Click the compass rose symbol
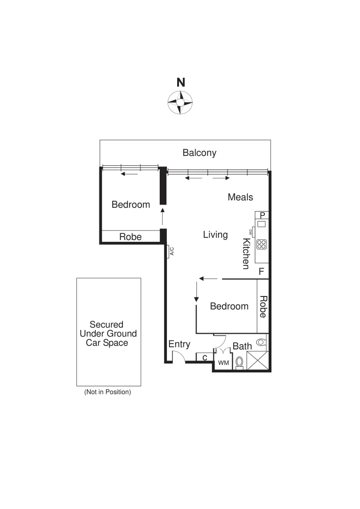(x=180, y=101)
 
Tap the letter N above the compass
(x=180, y=82)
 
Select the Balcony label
(x=199, y=153)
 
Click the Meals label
(x=240, y=197)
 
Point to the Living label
(x=215, y=235)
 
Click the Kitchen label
(x=245, y=254)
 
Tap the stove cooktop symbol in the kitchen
(x=262, y=244)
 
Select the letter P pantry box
(x=262, y=215)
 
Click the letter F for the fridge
(x=261, y=272)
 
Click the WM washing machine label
(x=222, y=363)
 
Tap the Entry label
(x=179, y=345)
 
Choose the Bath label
(x=242, y=346)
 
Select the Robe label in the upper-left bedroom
(x=130, y=237)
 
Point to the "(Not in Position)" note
(x=107, y=392)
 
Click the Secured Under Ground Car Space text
(x=106, y=334)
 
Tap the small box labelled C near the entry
(x=205, y=358)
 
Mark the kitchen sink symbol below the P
(x=262, y=224)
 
